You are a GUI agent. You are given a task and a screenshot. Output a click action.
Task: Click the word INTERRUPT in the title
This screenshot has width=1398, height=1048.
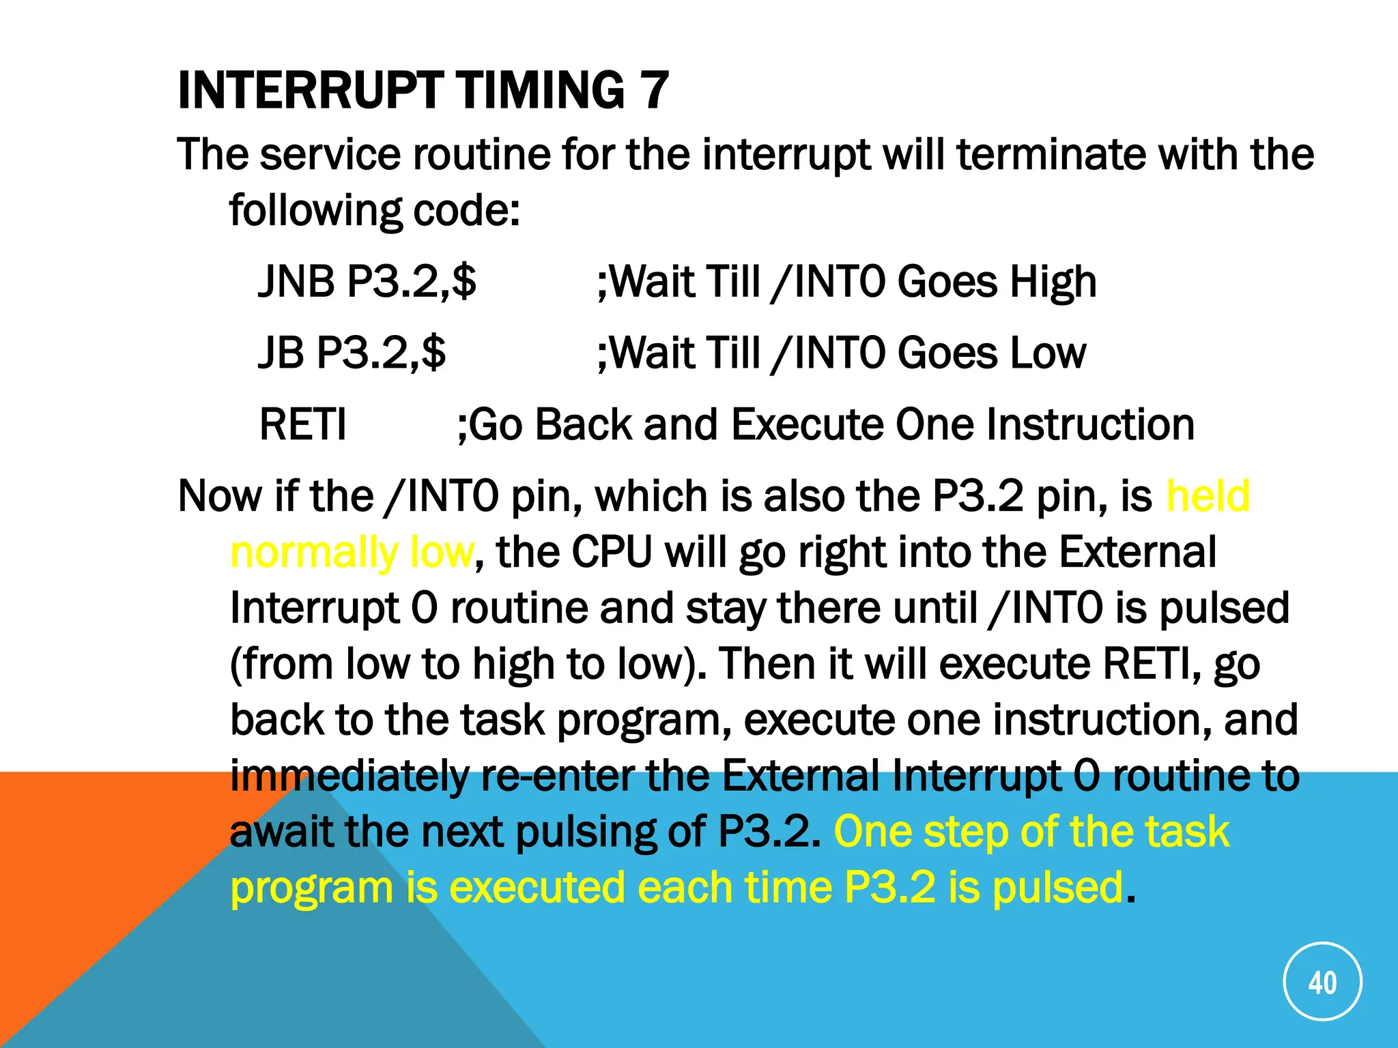(309, 90)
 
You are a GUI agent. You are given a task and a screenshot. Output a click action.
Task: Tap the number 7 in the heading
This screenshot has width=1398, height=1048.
(653, 90)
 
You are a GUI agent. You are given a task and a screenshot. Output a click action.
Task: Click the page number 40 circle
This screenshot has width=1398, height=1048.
(1322, 982)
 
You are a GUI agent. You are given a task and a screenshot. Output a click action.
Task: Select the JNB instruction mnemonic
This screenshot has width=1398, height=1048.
(296, 281)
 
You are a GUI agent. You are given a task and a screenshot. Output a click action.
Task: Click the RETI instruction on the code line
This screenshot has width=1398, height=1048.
(303, 424)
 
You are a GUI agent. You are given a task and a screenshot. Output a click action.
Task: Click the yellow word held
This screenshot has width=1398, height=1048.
(1208, 495)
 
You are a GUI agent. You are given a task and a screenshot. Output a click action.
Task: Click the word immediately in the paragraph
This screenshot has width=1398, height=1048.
(349, 776)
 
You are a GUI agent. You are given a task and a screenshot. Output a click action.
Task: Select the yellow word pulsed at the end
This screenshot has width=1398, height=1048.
(1057, 888)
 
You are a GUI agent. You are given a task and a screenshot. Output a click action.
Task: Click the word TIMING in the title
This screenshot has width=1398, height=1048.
(539, 90)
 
